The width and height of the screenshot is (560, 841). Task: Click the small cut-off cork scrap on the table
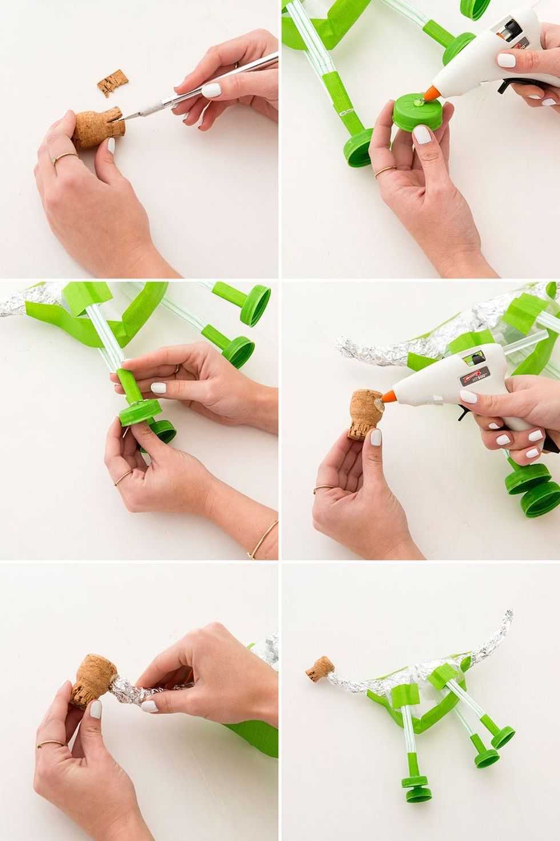(112, 83)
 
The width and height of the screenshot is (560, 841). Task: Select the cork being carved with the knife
(95, 129)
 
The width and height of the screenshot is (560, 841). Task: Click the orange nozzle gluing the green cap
(431, 91)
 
